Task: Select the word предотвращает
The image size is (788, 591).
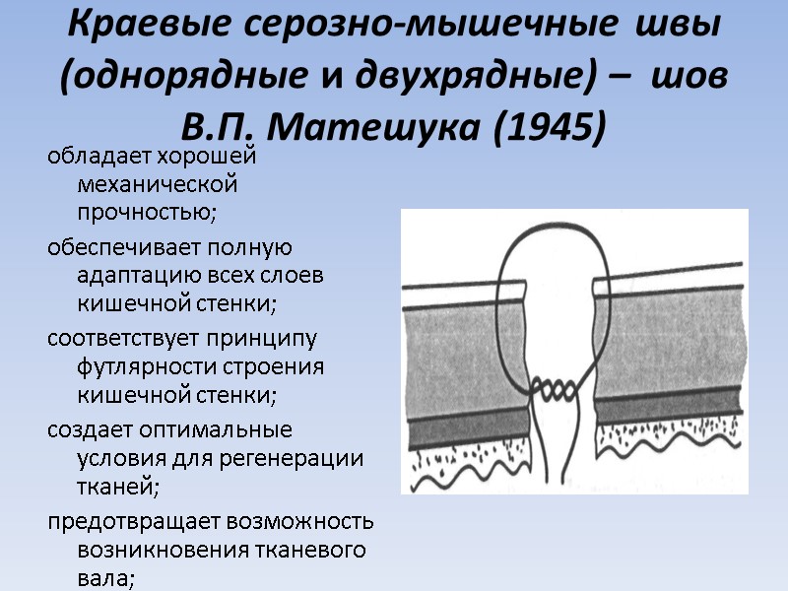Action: coord(133,521)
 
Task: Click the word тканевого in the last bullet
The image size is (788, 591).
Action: coord(312,550)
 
